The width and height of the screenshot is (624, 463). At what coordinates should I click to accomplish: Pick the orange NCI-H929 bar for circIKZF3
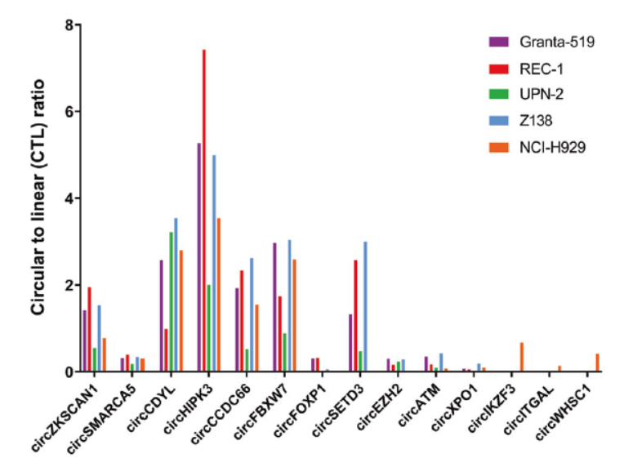click(x=521, y=357)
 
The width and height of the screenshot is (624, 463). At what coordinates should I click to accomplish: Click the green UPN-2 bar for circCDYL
click(x=172, y=302)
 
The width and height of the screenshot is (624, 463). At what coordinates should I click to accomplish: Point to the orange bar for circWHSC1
click(x=597, y=363)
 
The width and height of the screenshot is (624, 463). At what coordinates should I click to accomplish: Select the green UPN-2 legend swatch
click(x=499, y=95)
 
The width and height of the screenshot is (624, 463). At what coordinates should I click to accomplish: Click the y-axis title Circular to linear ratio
click(x=37, y=198)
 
